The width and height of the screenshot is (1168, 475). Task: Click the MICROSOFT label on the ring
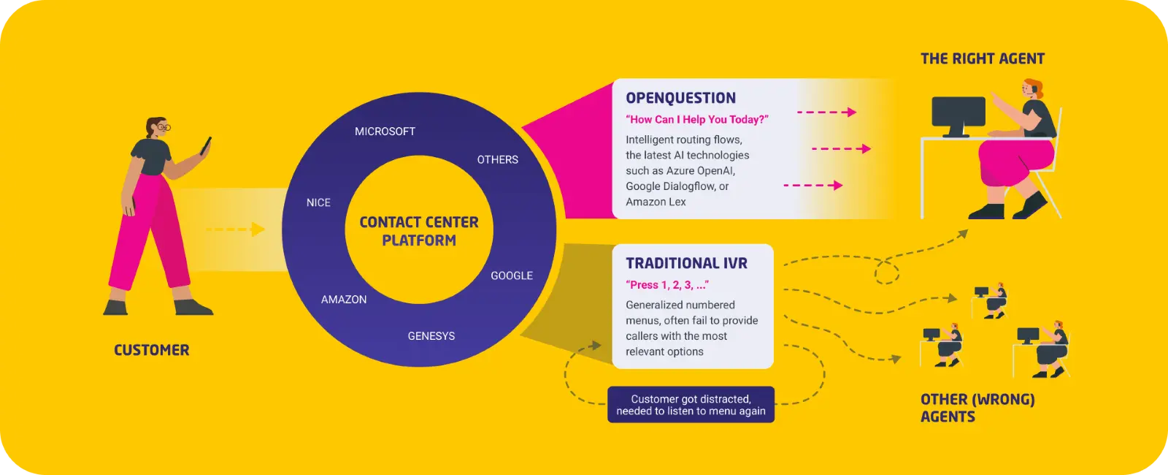[x=385, y=132]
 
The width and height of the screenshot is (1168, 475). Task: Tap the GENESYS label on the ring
[x=431, y=336]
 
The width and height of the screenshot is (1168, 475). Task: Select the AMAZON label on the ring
[x=344, y=300]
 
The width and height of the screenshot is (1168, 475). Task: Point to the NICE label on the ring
[x=318, y=202]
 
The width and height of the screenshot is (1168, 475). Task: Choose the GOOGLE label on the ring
[x=511, y=275]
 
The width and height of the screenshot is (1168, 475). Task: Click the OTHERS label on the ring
[x=497, y=159]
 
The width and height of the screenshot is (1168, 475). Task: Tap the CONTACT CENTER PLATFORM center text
[x=419, y=231]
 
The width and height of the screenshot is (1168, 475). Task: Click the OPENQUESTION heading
[x=680, y=98]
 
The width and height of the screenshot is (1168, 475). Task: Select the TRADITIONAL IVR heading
[x=686, y=263]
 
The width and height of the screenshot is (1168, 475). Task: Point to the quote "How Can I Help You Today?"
[x=696, y=120]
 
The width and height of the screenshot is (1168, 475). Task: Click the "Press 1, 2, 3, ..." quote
[x=666, y=285]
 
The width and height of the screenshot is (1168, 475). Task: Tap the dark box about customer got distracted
[x=691, y=405]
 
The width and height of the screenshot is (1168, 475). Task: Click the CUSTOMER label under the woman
[x=151, y=350]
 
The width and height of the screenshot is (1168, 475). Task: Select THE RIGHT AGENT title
[x=982, y=58]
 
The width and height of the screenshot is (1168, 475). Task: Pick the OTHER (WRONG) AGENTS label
[x=977, y=408]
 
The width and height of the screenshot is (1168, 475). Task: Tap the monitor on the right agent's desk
[x=958, y=114]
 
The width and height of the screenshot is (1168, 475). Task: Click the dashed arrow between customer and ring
[x=234, y=229]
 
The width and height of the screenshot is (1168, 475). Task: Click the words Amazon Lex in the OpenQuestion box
[x=656, y=202]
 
